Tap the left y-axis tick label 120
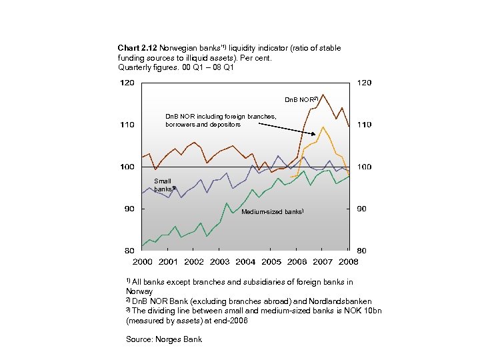click(x=127, y=83)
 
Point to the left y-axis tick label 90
click(x=129, y=209)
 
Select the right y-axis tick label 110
click(x=364, y=125)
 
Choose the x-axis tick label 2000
click(x=142, y=261)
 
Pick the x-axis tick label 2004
click(x=245, y=261)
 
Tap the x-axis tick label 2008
click(x=349, y=261)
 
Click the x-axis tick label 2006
click(x=297, y=261)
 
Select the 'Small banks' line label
click(x=163, y=185)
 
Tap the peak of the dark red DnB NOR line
click(x=323, y=95)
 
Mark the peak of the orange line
click(x=323, y=127)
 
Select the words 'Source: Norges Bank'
click(x=163, y=339)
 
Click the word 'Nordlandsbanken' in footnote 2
click(x=340, y=301)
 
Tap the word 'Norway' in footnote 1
click(x=139, y=291)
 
